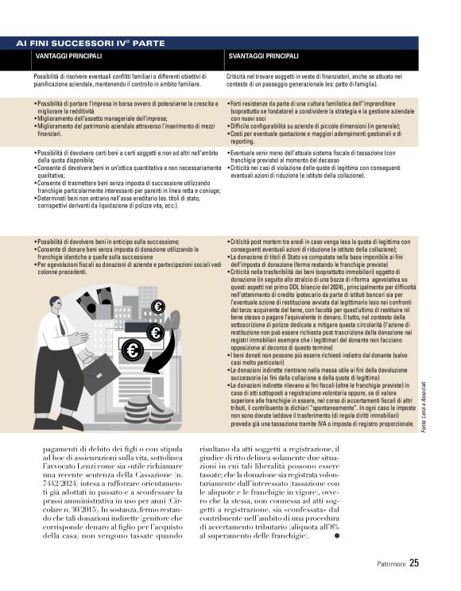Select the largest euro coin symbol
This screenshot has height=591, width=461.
tap(131, 350)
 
